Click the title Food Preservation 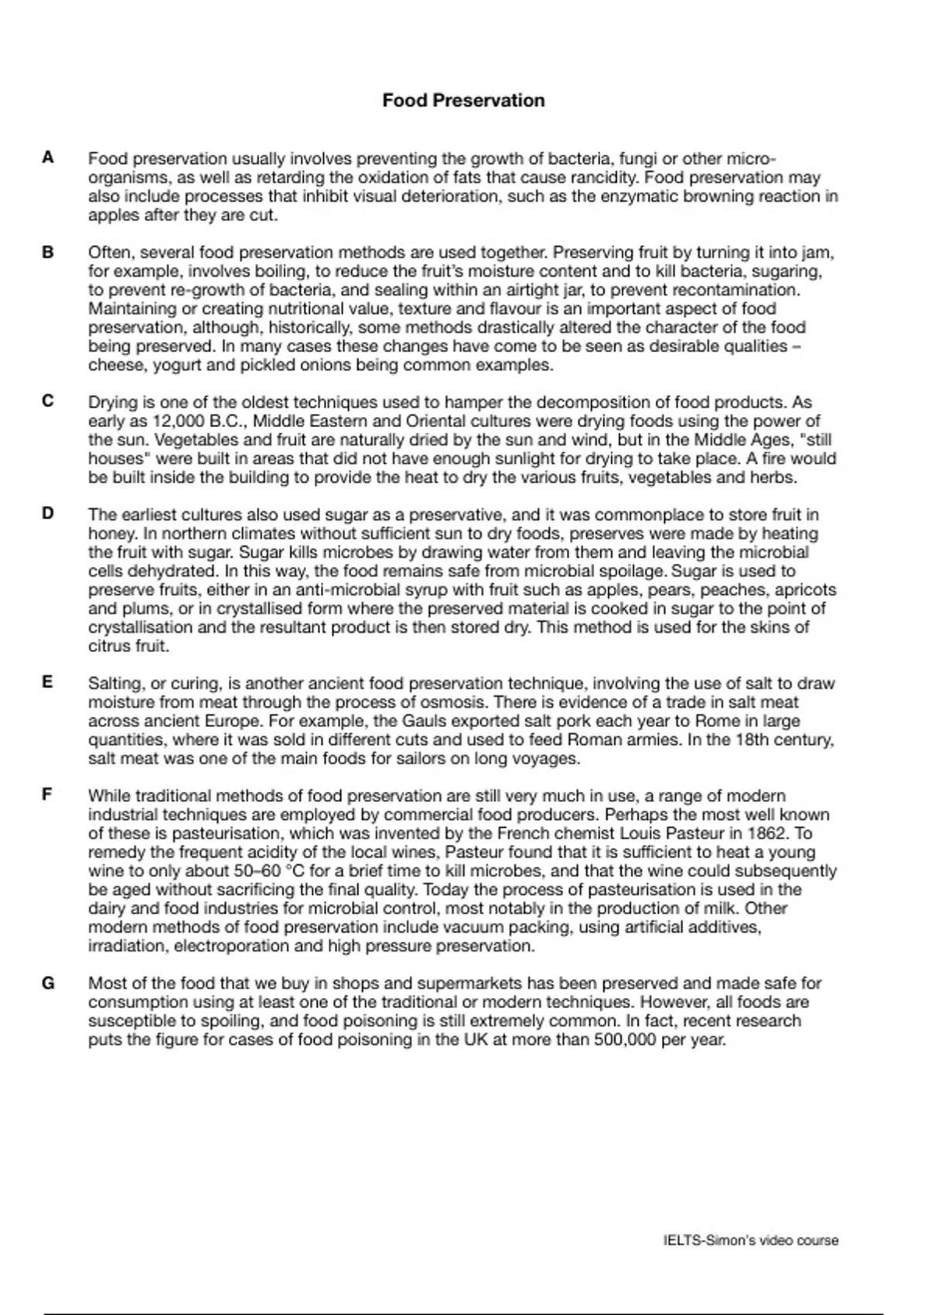[x=463, y=101]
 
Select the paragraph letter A [x=48, y=158]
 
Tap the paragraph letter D [x=48, y=514]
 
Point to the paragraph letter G [x=48, y=983]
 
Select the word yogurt [x=175, y=365]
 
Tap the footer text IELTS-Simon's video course [x=750, y=1241]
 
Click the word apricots [x=805, y=590]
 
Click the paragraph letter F [x=48, y=795]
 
